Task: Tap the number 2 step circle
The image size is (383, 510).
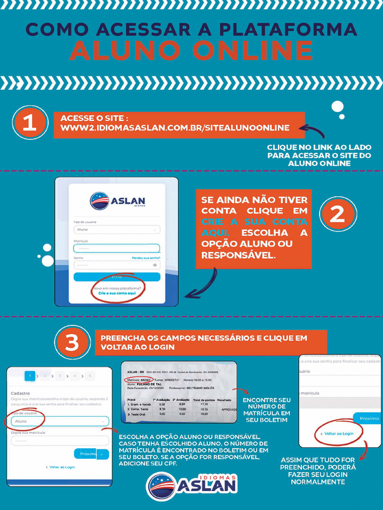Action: [338, 214]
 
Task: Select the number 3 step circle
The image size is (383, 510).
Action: [73, 342]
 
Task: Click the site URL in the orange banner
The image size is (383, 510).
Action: [175, 128]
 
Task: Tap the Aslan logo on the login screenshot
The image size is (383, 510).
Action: [117, 201]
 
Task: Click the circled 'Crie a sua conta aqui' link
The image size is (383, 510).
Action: [117, 294]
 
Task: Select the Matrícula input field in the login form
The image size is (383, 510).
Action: [117, 248]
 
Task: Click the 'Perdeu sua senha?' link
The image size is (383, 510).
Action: [146, 258]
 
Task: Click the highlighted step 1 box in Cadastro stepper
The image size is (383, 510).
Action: [30, 376]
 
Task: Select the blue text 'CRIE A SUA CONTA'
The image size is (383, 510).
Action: [254, 222]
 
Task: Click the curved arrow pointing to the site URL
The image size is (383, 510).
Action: [313, 130]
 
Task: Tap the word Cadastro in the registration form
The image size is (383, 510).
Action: [20, 393]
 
